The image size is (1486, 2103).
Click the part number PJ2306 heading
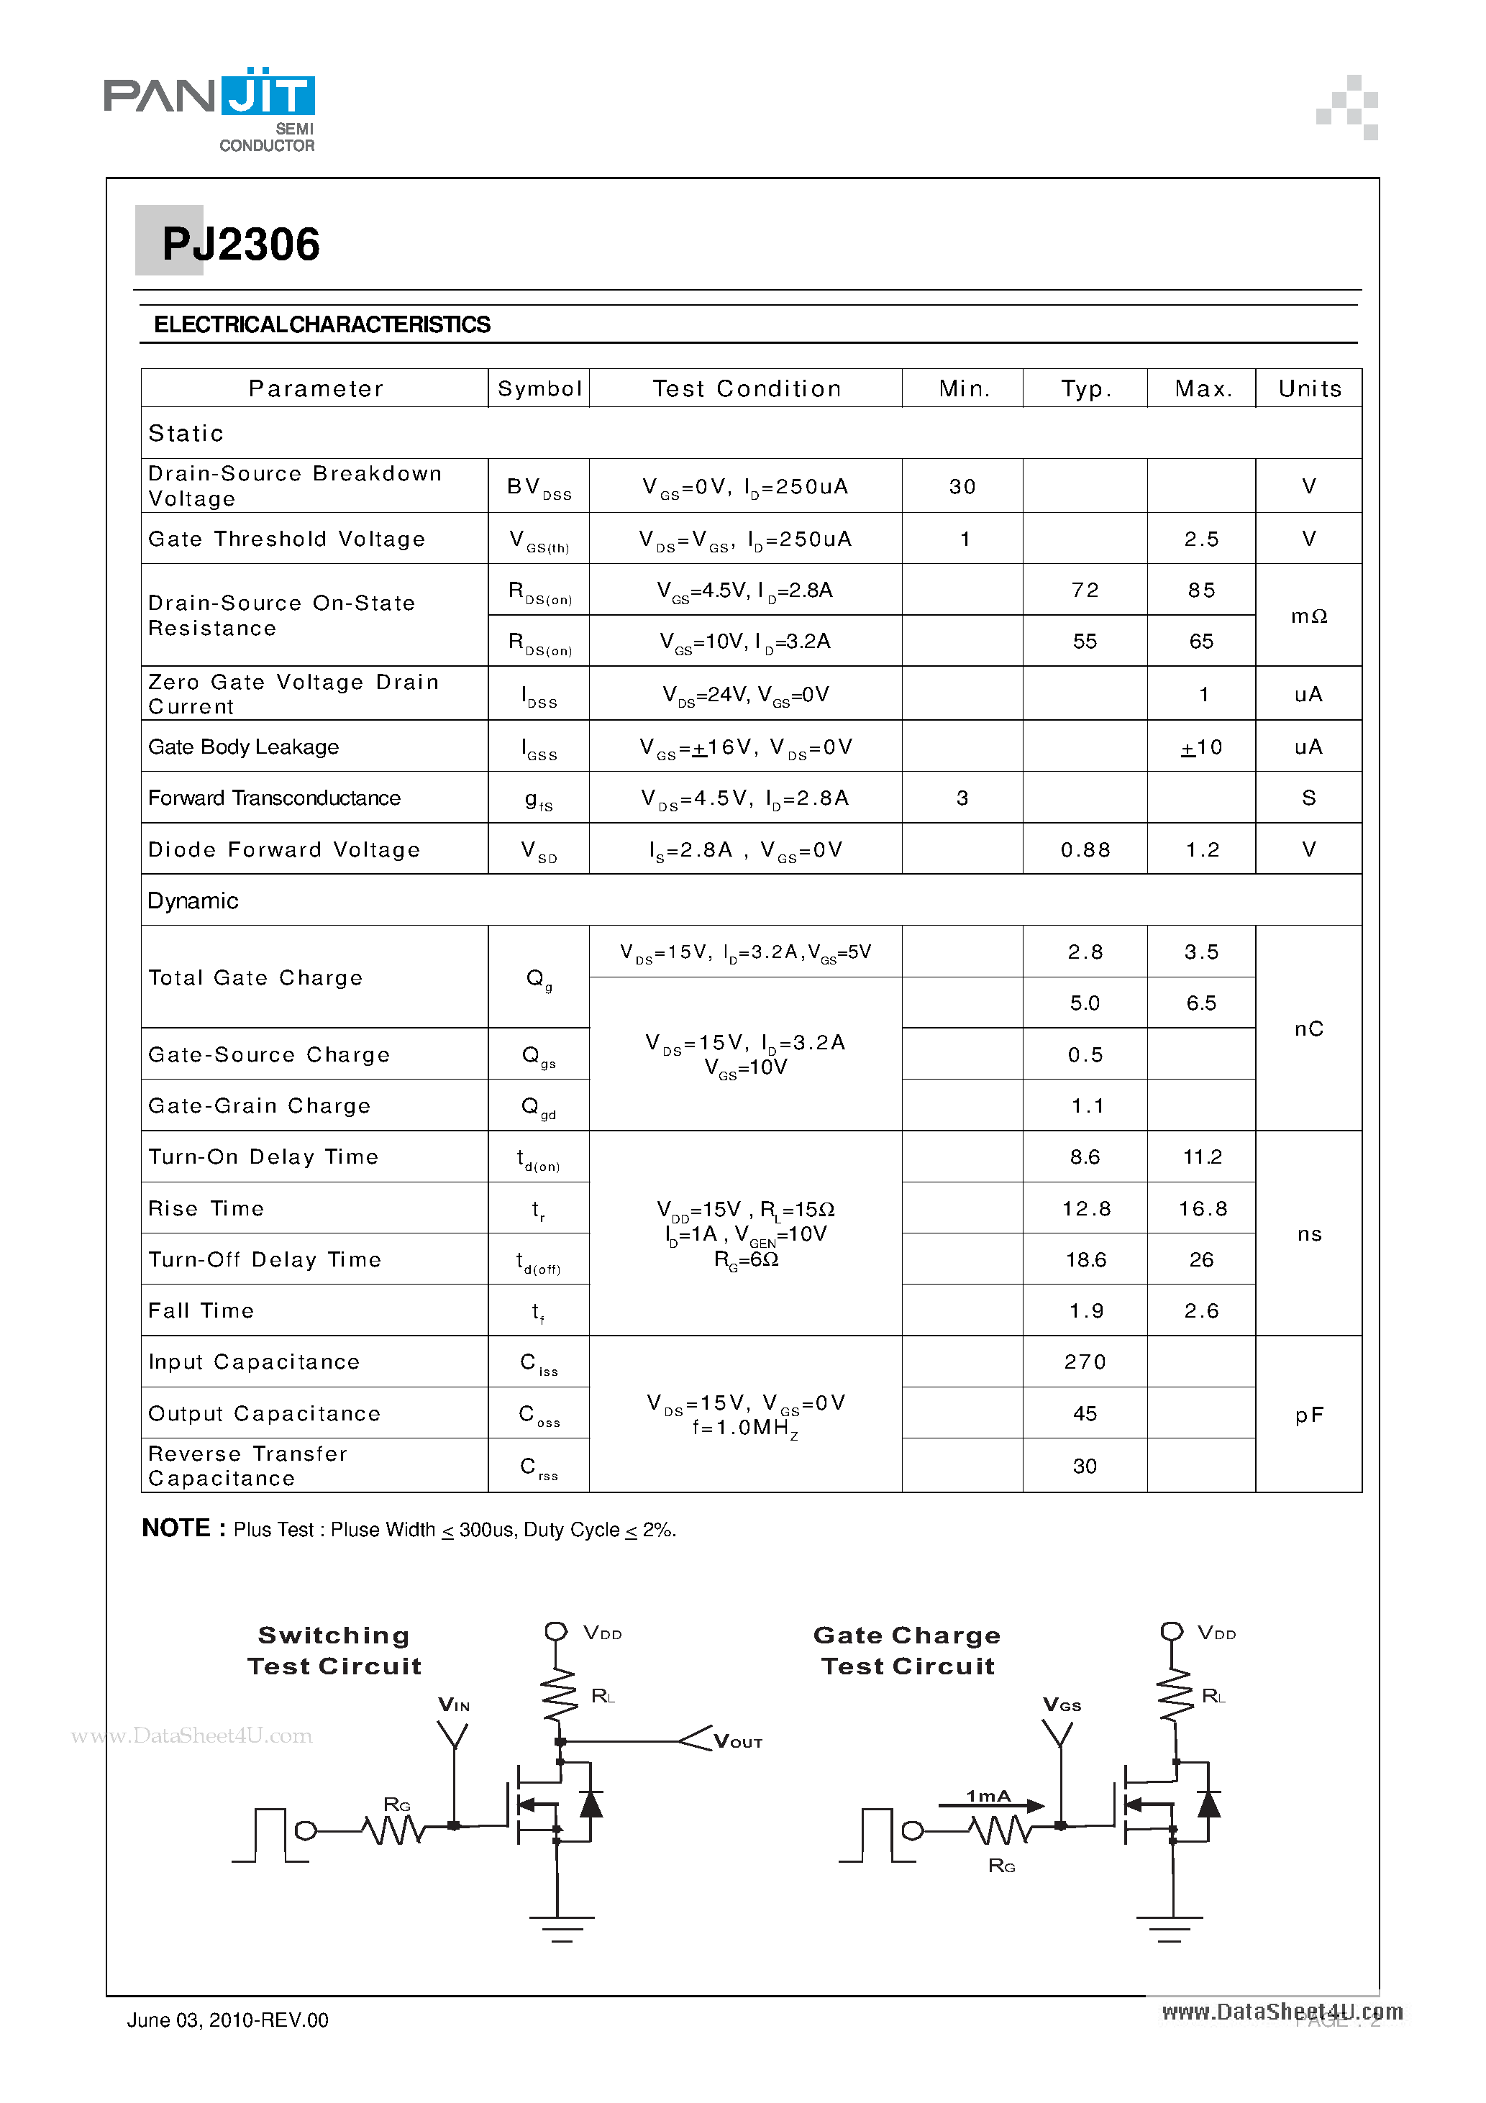(240, 245)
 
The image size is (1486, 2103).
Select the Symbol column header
(539, 388)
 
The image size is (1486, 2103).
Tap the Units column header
(1309, 388)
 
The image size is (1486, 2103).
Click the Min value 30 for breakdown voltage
(962, 486)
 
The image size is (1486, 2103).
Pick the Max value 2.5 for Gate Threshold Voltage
(1201, 539)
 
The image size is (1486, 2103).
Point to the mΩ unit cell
(1309, 616)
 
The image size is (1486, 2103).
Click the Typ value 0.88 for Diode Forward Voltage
(1085, 849)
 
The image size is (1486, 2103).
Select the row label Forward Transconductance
(274, 798)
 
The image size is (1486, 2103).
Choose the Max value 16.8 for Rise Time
(1201, 1208)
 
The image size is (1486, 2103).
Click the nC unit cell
(1309, 1028)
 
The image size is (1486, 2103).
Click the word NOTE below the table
(177, 1528)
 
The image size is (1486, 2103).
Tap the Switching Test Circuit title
(334, 1651)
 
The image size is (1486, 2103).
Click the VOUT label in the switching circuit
(737, 1742)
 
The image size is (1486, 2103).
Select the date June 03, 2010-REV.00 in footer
(227, 2020)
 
